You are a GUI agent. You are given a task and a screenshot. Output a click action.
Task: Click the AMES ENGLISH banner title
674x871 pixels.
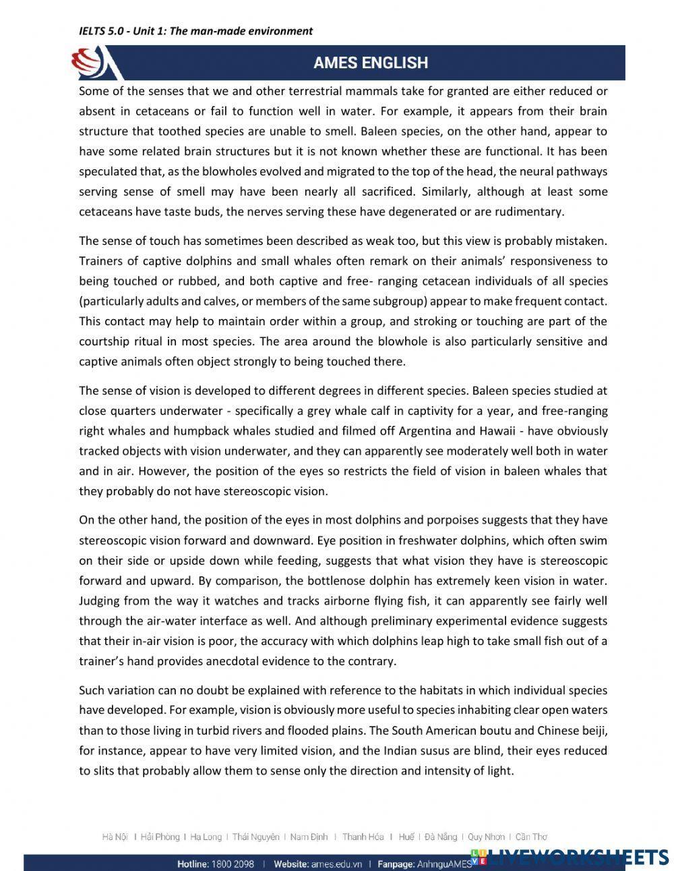pyautogui.click(x=370, y=63)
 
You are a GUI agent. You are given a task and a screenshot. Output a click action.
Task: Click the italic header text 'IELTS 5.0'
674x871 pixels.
pyautogui.click(x=102, y=30)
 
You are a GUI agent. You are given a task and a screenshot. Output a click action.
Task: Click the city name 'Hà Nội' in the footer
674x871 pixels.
pyautogui.click(x=115, y=837)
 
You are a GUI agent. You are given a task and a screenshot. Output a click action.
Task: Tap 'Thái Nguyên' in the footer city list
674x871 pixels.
pyautogui.click(x=255, y=837)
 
